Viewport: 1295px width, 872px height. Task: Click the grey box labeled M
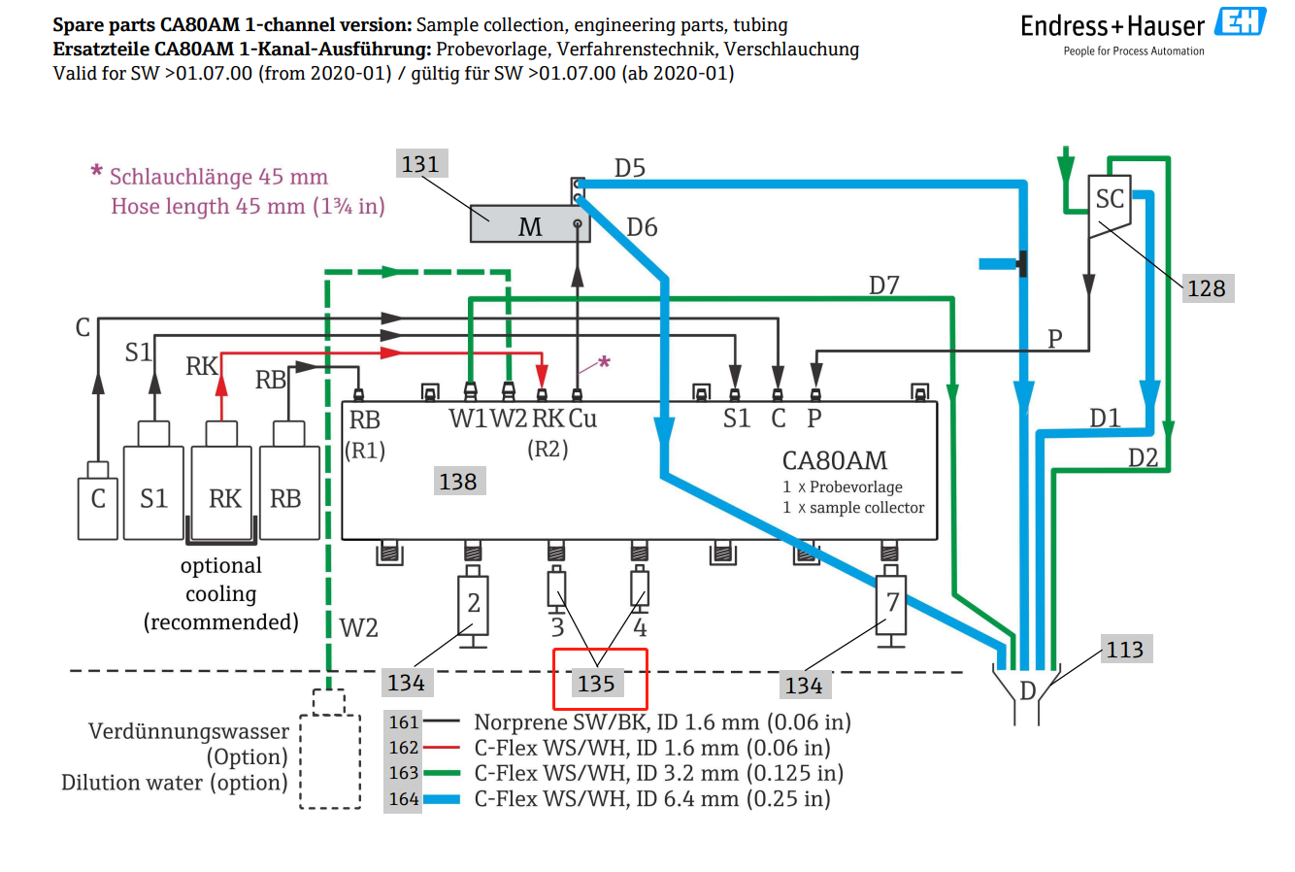point(530,223)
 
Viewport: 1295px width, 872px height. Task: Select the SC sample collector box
point(1109,205)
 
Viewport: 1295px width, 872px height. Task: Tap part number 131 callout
point(421,164)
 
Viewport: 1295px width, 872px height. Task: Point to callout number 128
point(1208,288)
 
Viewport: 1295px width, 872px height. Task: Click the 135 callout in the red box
point(597,684)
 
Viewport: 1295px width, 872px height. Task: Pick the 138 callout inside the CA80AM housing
point(459,481)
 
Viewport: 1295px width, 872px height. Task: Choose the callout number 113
point(1126,650)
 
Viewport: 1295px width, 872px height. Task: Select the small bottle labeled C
point(98,501)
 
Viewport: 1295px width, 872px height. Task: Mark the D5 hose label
point(630,168)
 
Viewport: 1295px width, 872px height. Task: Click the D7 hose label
point(884,285)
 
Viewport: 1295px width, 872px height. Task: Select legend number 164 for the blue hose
point(403,799)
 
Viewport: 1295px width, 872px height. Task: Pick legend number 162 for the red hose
point(403,748)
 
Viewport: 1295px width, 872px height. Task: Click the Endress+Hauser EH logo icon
point(1240,21)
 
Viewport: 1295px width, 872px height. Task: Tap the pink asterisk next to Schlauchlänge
point(96,172)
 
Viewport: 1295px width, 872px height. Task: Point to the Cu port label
point(582,419)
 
